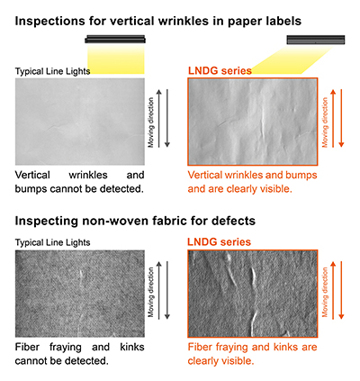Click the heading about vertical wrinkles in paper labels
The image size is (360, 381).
158,21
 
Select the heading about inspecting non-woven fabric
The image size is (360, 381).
135,221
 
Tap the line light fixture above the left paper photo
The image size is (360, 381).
115,39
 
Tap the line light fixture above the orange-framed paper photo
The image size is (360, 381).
316,40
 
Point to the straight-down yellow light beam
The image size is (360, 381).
116,59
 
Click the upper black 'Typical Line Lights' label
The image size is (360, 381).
52,71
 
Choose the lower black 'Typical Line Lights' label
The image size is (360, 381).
52,242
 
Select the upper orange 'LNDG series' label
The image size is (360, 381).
220,71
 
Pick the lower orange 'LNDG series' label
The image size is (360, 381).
220,242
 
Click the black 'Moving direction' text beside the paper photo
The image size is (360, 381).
151,122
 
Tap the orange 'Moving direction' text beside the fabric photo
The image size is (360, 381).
325,293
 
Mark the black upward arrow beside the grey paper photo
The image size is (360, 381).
159,118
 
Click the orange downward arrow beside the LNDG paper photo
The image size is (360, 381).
341,118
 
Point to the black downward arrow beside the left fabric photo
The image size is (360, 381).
167,290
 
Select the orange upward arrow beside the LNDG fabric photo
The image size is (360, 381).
333,290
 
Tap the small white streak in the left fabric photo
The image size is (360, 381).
81,276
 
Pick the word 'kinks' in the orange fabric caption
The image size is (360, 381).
287,347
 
